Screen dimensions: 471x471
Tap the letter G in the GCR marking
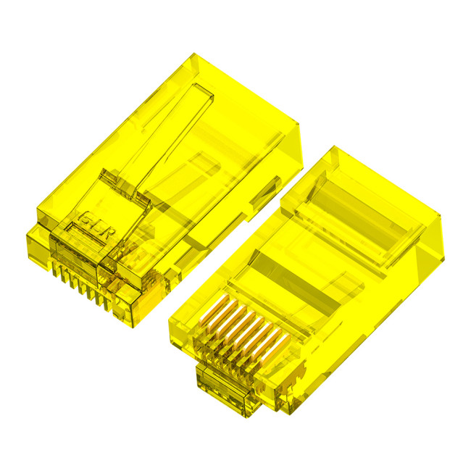tap(84, 217)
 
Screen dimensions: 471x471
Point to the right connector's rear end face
tap(428, 246)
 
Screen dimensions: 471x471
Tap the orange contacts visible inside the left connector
tap(149, 297)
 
